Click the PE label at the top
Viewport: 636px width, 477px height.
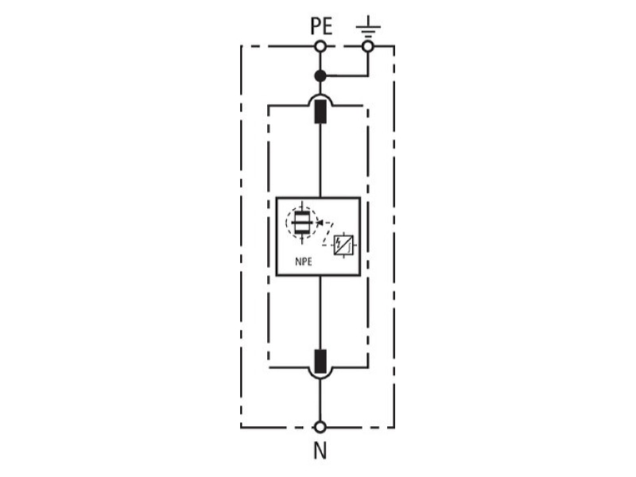[x=321, y=26]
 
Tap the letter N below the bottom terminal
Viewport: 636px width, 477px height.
[x=320, y=450]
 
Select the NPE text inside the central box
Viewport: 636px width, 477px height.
[x=304, y=262]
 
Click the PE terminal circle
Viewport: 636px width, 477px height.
[x=320, y=47]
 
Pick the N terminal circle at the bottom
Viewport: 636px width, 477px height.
[x=320, y=427]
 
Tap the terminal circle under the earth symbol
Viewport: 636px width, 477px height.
[x=368, y=47]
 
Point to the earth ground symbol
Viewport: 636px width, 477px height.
[x=368, y=27]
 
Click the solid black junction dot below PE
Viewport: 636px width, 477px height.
[x=320, y=76]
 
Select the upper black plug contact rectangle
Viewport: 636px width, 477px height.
[x=320, y=111]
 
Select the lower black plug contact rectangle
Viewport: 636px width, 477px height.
[x=320, y=362]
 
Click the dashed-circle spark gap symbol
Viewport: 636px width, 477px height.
[x=301, y=223]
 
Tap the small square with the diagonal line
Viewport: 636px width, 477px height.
[x=343, y=245]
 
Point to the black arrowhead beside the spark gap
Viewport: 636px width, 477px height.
[x=320, y=223]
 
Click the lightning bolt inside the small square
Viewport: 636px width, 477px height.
[x=339, y=243]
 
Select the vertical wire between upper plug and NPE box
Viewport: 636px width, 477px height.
[x=320, y=161]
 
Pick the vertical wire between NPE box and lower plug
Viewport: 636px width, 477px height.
[x=320, y=312]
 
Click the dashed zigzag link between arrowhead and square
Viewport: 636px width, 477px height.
[x=328, y=234]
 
